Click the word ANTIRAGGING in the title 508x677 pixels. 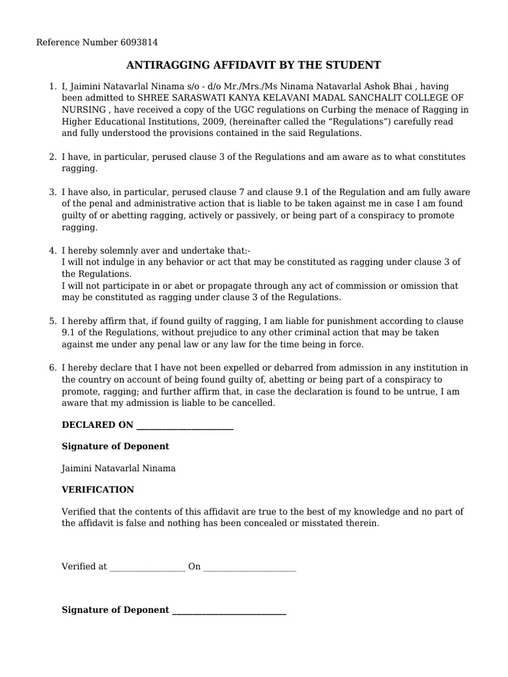[x=164, y=65]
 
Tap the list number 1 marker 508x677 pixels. [x=52, y=86]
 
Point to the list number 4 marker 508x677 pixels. [x=52, y=251]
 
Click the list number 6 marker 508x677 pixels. [x=52, y=368]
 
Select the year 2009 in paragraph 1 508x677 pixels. [x=205, y=122]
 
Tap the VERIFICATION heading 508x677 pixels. [x=98, y=490]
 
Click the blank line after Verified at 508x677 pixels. [x=147, y=567]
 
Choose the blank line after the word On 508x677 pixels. [x=249, y=567]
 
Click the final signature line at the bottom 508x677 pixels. [x=229, y=611]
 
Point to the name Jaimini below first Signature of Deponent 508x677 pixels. [x=78, y=469]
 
